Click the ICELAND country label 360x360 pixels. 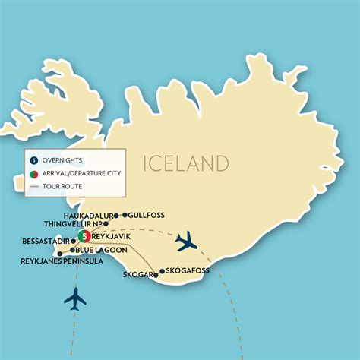click(185, 163)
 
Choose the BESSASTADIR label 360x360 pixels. click(47, 241)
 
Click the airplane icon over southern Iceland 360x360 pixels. click(186, 242)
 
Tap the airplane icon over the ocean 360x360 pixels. click(75, 299)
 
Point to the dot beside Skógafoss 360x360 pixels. click(162, 270)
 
